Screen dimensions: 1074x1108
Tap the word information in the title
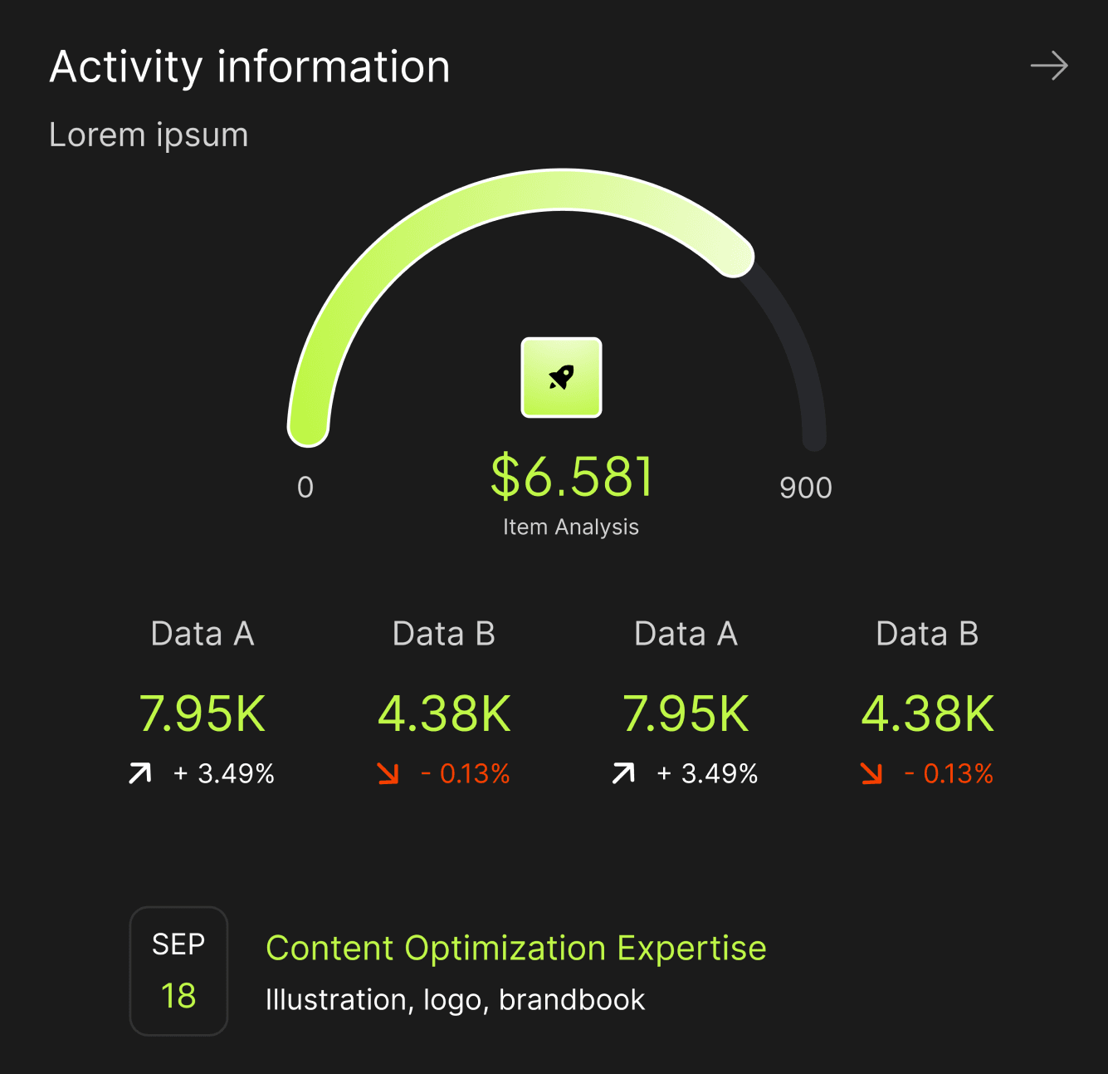[334, 67]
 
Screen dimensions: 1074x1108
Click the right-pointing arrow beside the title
[1049, 66]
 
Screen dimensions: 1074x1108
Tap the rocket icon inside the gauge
[561, 377]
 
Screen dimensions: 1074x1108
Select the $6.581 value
[572, 477]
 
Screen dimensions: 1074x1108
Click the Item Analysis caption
[571, 527]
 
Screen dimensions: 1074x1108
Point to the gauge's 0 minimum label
[305, 488]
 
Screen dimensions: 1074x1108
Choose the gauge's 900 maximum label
[805, 488]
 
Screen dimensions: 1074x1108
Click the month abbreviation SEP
[178, 944]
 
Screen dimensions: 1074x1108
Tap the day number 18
[178, 996]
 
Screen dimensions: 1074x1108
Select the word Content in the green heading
[329, 949]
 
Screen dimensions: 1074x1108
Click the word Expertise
[691, 949]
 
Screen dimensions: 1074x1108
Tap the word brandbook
[572, 1000]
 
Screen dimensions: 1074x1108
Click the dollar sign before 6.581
[505, 477]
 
